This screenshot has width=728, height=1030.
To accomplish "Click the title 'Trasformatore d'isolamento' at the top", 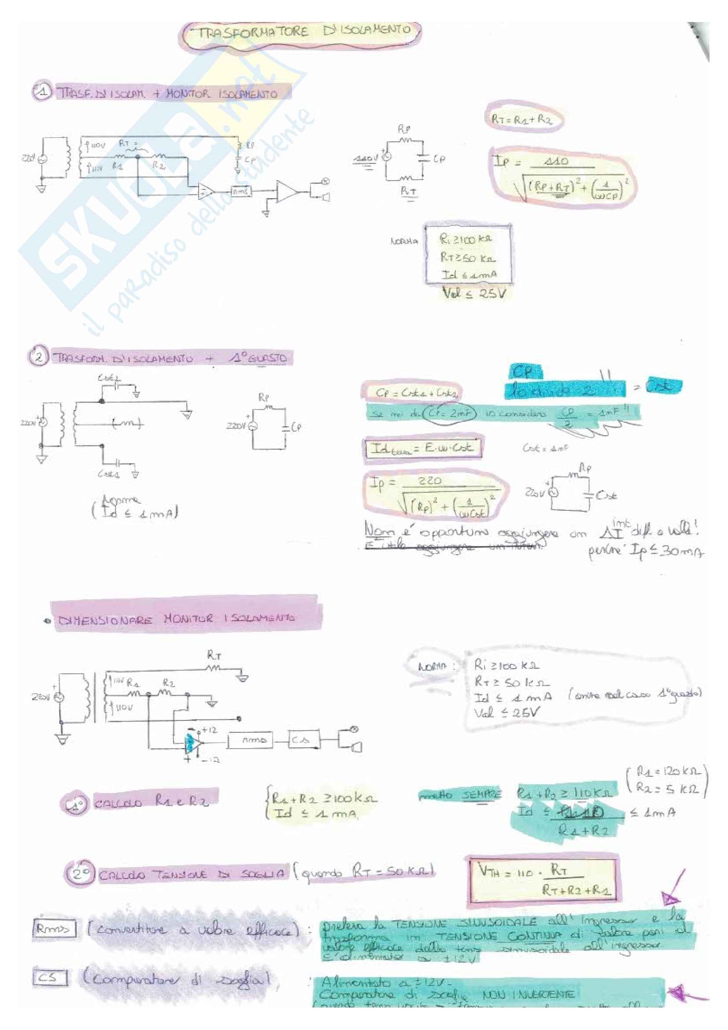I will (301, 32).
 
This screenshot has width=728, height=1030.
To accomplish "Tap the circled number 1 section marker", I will (42, 92).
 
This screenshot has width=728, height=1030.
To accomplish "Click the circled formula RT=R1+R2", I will (523, 119).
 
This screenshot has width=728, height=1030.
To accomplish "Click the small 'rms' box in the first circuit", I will (241, 192).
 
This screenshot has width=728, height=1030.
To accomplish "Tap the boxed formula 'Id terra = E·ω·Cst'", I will (422, 448).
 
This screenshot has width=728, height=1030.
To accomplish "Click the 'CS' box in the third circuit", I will (303, 740).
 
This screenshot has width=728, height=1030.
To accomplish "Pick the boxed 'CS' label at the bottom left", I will (50, 978).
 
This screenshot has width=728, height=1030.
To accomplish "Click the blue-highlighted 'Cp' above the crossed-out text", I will (525, 372).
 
